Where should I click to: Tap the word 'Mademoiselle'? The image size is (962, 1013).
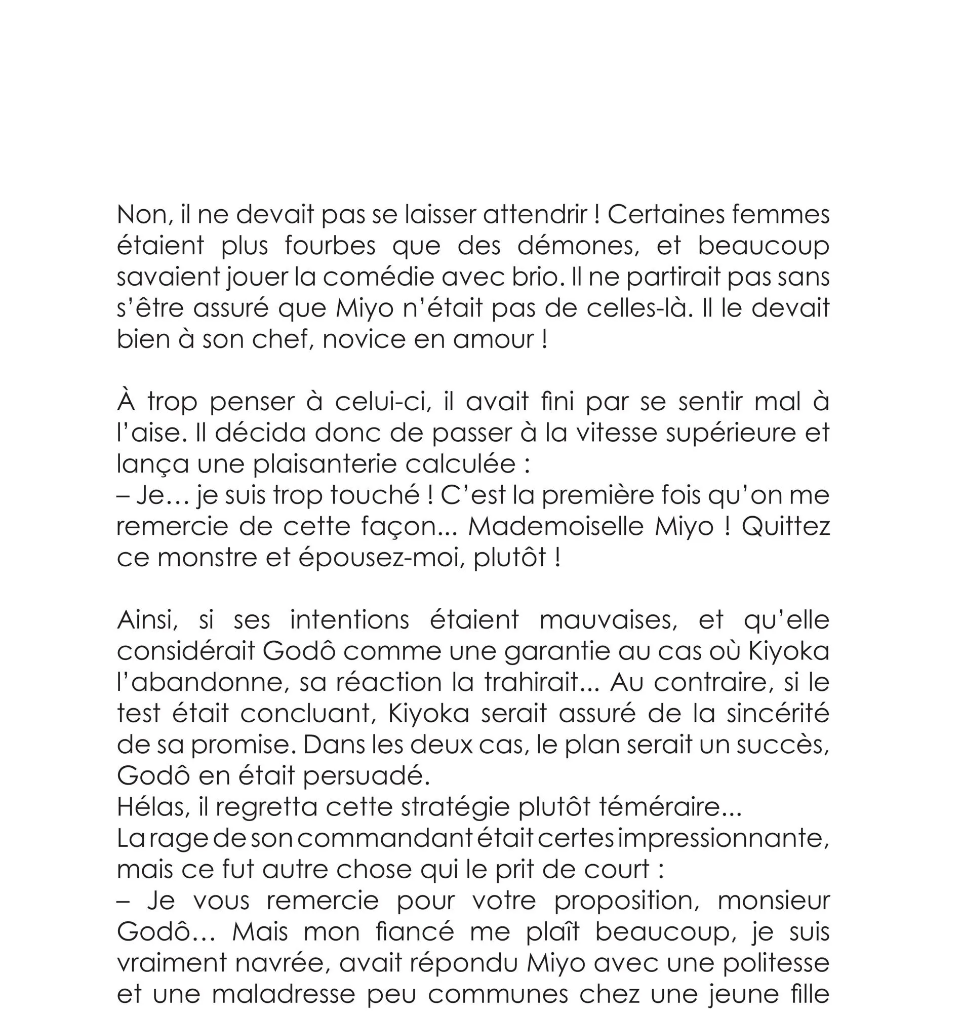click(x=556, y=527)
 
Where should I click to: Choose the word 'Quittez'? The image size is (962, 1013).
click(x=786, y=527)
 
